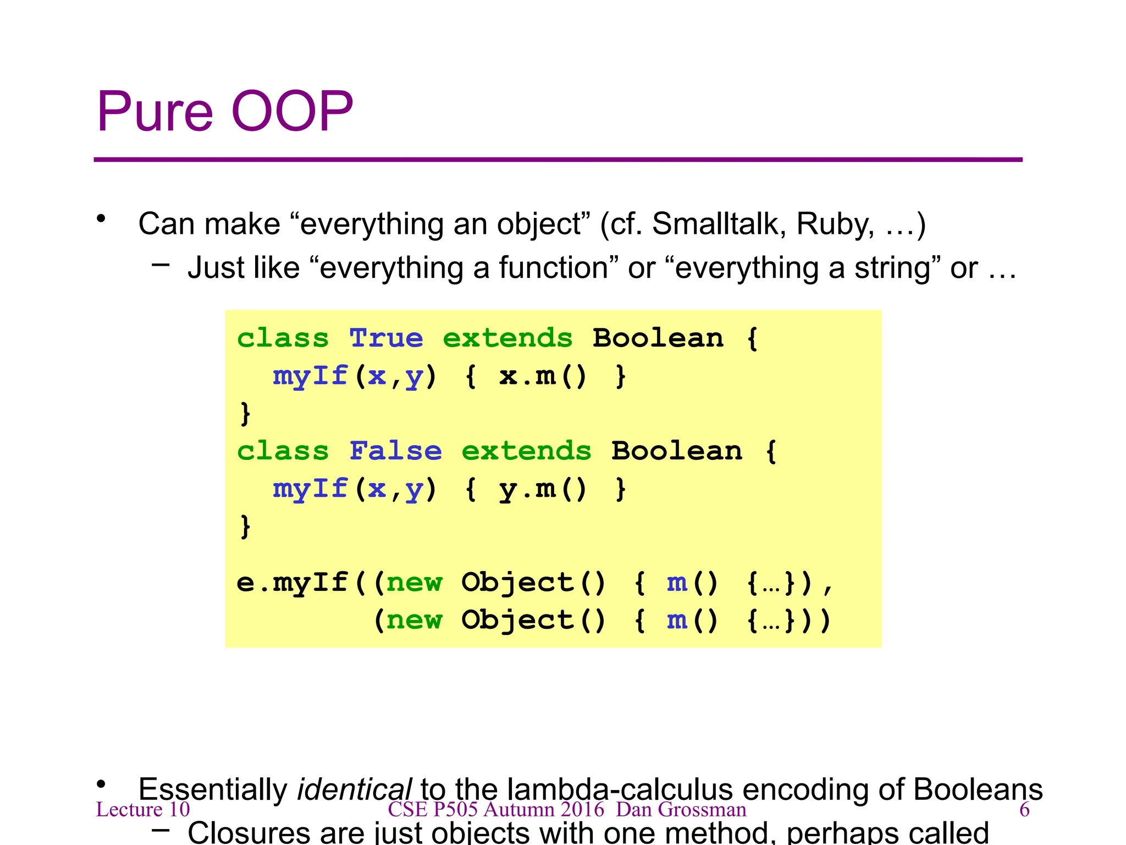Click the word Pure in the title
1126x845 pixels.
pos(155,112)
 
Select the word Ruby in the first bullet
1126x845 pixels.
pos(835,224)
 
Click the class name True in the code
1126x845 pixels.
pos(387,338)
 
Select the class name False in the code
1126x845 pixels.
pos(396,451)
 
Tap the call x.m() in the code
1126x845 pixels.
pos(543,376)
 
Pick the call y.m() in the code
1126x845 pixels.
pos(543,489)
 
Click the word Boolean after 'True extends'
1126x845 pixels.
pos(658,338)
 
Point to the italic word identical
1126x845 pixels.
pos(354,789)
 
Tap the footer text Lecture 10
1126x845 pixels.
pos(143,809)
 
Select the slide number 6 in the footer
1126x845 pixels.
pos(1024,809)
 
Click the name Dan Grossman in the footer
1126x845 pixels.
pos(681,809)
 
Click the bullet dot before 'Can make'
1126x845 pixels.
pos(101,219)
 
